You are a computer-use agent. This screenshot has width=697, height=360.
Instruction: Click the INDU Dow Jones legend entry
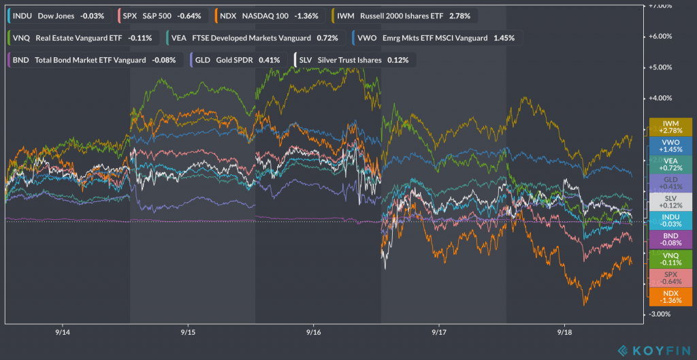58,15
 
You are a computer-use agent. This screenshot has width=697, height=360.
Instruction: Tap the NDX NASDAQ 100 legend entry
268,15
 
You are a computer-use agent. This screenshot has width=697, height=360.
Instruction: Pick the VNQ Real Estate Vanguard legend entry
82,37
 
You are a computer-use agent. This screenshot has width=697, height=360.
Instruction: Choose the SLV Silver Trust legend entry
354,60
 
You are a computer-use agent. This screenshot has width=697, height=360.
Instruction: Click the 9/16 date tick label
314,333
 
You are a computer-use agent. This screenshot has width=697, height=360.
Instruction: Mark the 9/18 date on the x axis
565,333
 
